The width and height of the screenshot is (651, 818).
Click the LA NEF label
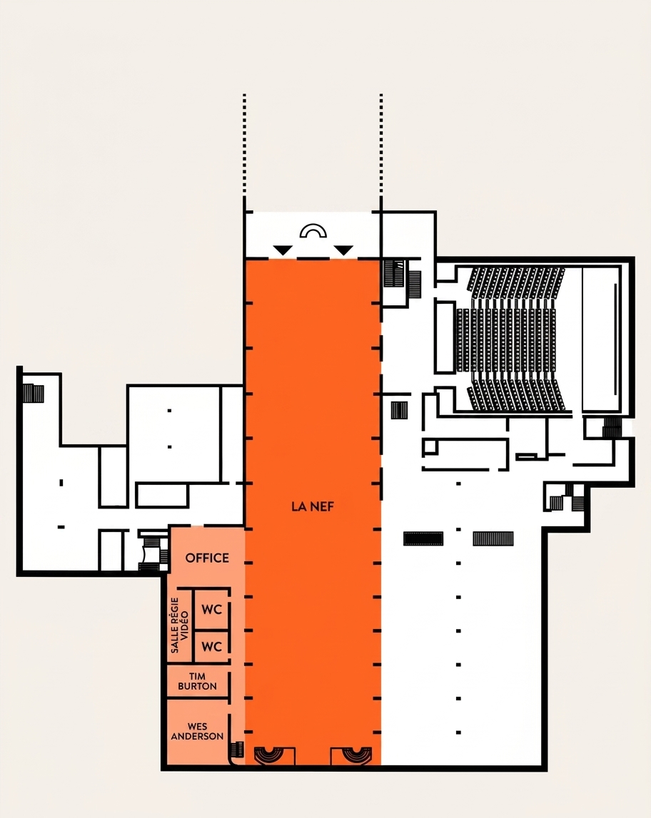pyautogui.click(x=312, y=506)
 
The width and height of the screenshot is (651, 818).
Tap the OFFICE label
pyautogui.click(x=207, y=558)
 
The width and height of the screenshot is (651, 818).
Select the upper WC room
pyautogui.click(x=211, y=609)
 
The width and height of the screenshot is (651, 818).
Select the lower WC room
pyautogui.click(x=211, y=646)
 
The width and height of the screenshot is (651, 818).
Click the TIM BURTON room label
pyautogui.click(x=197, y=681)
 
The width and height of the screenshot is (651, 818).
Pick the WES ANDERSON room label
pyautogui.click(x=197, y=732)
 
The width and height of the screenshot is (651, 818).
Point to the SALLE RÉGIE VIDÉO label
pyautogui.click(x=179, y=625)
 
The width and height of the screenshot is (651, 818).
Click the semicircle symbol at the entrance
pyautogui.click(x=313, y=230)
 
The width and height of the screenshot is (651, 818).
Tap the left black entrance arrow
pyautogui.click(x=283, y=250)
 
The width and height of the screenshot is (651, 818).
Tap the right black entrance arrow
pyautogui.click(x=343, y=250)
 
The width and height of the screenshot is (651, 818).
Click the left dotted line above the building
pyautogui.click(x=244, y=145)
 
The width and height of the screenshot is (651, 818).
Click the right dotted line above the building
pyautogui.click(x=381, y=145)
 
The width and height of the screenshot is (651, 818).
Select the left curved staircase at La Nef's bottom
pyautogui.click(x=268, y=755)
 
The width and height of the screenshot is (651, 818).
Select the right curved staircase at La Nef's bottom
pyautogui.click(x=357, y=755)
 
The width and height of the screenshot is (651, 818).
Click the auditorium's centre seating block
pyautogui.click(x=506, y=339)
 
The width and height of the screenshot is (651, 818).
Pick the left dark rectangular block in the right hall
pyautogui.click(x=423, y=538)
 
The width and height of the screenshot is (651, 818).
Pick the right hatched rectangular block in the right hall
pyautogui.click(x=493, y=538)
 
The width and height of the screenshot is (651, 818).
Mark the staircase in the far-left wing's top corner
pyautogui.click(x=33, y=393)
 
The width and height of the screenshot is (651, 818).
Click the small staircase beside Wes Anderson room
pyautogui.click(x=236, y=750)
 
